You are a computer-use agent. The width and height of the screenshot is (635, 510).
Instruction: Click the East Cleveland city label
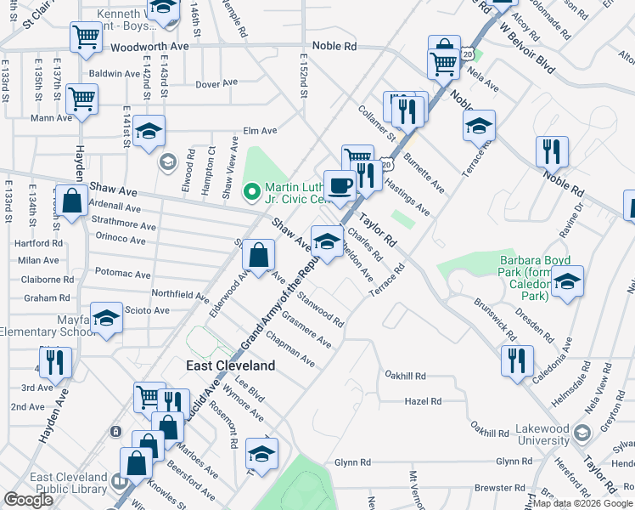click(231, 365)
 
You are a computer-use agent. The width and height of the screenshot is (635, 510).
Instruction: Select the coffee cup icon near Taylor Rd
click(340, 184)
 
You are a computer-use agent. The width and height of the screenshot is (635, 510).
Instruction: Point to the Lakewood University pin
click(582, 433)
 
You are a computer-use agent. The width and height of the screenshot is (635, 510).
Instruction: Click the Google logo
click(28, 501)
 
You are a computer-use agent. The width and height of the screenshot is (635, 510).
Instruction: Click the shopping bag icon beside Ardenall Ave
click(73, 201)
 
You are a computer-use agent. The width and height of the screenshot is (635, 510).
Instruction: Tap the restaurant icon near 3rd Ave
click(53, 362)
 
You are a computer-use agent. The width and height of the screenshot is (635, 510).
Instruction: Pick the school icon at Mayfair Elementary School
click(106, 318)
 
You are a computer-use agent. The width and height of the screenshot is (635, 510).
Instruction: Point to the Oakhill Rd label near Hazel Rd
click(404, 375)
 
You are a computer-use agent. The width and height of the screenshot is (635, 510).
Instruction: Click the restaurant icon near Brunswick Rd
click(516, 360)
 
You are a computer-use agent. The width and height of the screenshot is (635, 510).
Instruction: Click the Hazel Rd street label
click(424, 401)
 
